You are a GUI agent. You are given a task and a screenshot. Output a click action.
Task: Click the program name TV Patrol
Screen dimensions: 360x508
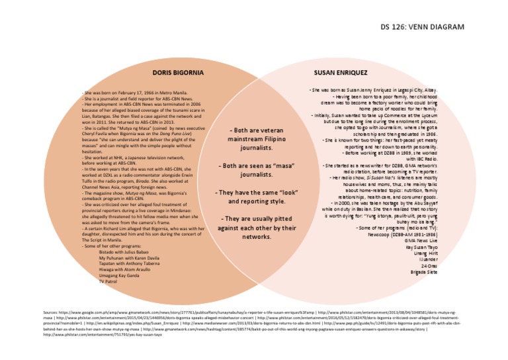tap(107, 282)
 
